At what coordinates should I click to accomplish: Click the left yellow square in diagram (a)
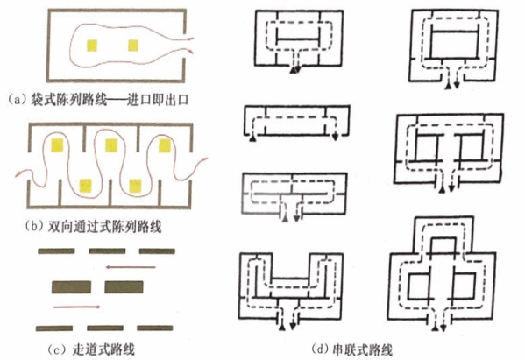92,46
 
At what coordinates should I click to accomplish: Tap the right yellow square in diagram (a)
133,46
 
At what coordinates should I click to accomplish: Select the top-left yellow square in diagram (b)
57,145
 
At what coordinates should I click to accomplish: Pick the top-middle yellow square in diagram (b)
111,145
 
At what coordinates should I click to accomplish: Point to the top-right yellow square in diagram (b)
165,145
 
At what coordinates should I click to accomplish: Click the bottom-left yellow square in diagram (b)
86,186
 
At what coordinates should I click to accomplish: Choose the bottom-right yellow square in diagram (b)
135,186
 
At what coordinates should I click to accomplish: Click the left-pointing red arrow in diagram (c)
131,267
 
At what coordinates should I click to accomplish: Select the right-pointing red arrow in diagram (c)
77,307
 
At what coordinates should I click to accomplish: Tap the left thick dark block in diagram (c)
71,287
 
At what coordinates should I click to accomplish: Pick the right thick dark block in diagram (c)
124,287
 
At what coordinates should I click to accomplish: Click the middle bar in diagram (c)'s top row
107,251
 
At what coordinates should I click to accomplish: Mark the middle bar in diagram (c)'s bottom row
105,328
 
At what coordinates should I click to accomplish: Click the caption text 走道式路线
103,349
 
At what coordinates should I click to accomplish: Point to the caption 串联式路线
362,350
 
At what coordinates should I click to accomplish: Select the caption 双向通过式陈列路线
104,227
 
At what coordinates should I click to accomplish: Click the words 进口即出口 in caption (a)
158,100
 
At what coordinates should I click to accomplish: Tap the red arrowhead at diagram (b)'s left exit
18,174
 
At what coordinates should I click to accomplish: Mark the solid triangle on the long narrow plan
253,138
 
